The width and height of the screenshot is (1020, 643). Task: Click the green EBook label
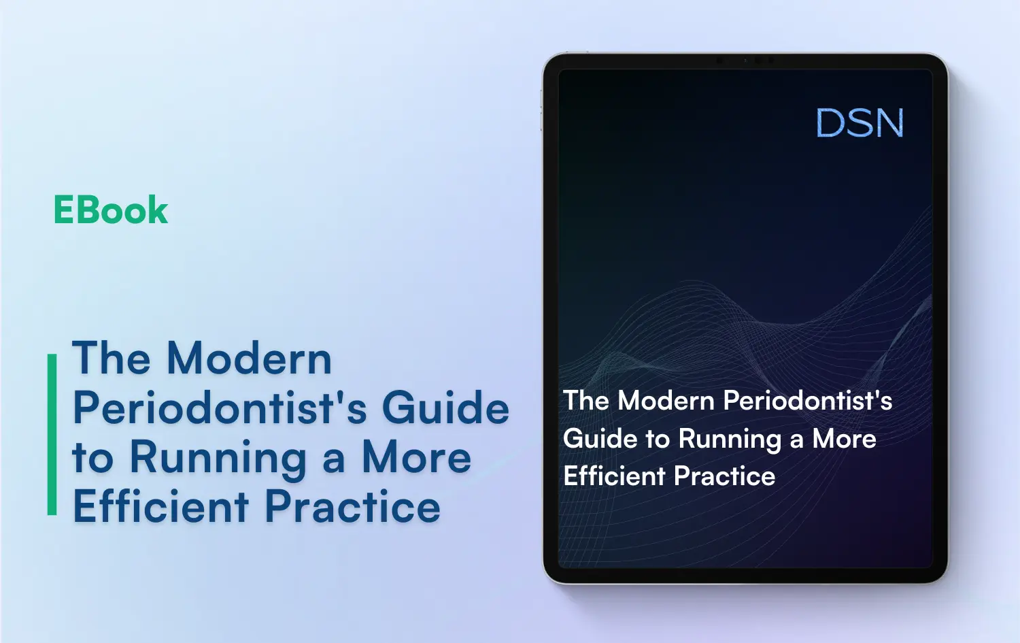110,210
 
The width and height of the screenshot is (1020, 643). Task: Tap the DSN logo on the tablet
860,124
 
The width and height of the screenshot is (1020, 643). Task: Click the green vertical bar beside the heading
52,434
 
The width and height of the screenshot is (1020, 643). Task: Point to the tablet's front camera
745,61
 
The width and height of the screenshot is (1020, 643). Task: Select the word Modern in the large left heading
249,359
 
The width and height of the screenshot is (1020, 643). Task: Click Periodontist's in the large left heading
220,408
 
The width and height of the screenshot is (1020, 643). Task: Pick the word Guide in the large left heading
445,408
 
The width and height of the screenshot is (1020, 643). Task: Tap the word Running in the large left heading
218,459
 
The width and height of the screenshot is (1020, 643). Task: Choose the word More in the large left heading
416,457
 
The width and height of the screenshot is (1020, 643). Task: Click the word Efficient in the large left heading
161,507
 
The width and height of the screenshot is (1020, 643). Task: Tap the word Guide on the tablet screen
600,440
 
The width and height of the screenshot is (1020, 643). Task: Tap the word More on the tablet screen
845,440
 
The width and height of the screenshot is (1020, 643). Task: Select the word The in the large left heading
111,359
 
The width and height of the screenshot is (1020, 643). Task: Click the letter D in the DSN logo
830,124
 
